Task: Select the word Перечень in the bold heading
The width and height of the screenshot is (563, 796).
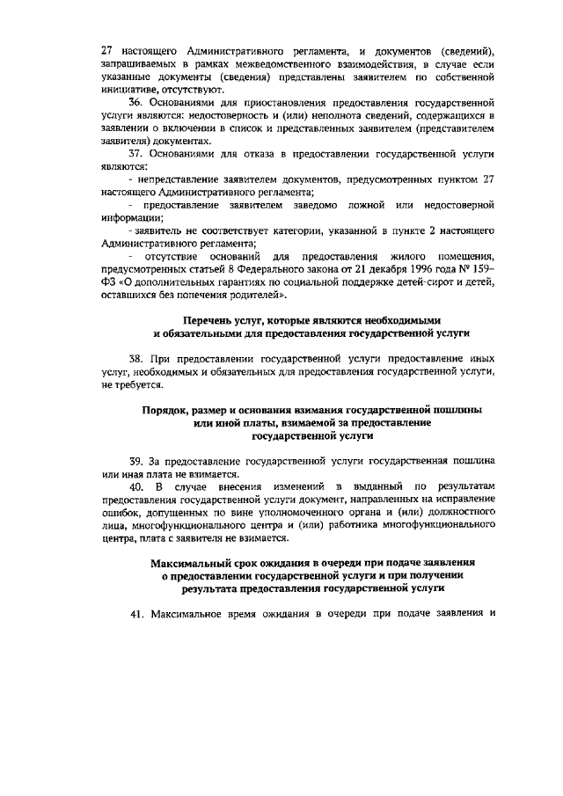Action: tap(212, 320)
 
